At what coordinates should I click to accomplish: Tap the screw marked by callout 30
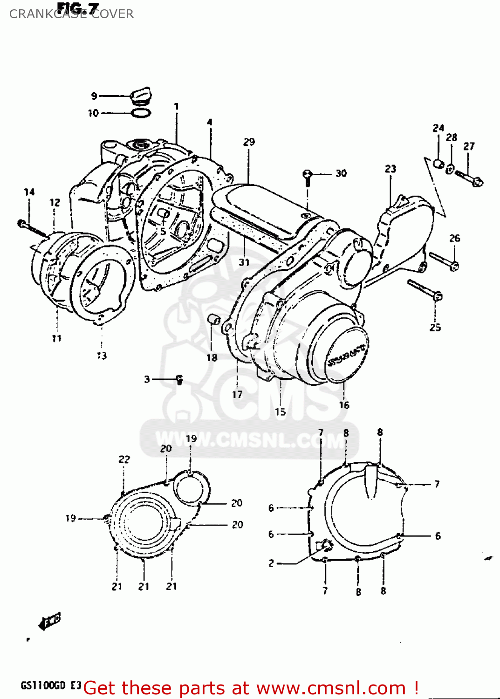(307, 176)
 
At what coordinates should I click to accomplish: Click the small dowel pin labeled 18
(214, 320)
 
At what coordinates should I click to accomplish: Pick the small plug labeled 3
(180, 380)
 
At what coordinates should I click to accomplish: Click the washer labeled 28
(450, 169)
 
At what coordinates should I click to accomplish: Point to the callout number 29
(249, 142)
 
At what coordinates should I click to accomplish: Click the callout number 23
(390, 169)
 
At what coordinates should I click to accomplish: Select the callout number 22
(124, 459)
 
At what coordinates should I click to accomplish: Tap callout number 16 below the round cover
(344, 405)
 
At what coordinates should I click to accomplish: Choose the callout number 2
(271, 563)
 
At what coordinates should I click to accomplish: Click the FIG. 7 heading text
(78, 8)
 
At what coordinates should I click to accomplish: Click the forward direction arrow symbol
(50, 621)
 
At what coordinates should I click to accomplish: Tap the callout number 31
(244, 262)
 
